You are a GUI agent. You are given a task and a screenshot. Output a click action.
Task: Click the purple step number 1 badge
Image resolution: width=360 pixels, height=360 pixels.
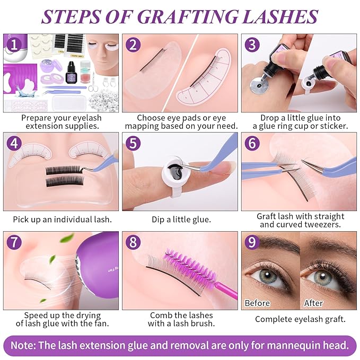13,43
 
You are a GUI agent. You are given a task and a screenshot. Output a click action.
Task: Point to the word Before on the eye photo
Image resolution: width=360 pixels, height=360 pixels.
258,303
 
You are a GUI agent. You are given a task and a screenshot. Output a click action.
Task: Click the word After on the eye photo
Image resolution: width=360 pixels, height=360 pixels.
313,303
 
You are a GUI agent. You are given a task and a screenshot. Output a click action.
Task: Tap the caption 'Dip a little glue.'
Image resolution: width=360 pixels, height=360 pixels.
180,219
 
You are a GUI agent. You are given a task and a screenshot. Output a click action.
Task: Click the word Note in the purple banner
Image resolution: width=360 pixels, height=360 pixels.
24,345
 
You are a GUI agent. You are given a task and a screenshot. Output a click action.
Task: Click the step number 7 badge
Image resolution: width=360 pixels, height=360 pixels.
13,241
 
